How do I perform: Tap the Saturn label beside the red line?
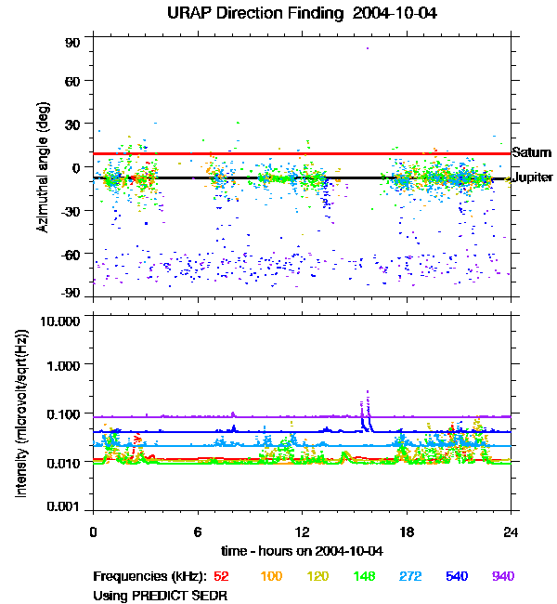(531, 152)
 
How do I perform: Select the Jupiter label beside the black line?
(533, 177)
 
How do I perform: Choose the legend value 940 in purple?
(502, 577)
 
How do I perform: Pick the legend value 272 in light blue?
(405, 577)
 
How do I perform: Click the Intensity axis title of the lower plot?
(20, 414)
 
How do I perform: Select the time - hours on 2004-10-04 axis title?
(302, 551)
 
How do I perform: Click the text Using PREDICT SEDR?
(160, 594)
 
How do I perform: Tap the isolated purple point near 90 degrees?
(368, 48)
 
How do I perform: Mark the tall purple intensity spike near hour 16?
(368, 393)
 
